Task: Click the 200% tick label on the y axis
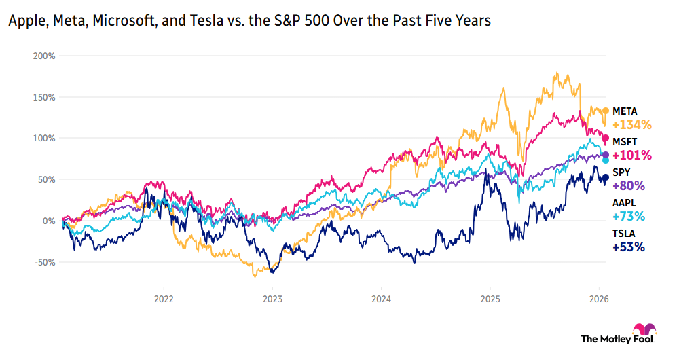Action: tap(44, 55)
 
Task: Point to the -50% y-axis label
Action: tap(44, 262)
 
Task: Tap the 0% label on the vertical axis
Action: tap(49, 221)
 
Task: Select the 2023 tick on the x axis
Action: tap(272, 297)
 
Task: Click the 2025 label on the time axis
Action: tap(490, 297)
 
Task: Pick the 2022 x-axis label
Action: tap(164, 297)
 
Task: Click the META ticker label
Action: tap(625, 111)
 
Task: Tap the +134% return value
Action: tap(631, 125)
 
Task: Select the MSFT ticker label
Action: tap(624, 141)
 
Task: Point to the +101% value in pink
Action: tap(631, 156)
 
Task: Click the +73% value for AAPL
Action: tap(629, 217)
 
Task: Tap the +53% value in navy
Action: tap(629, 247)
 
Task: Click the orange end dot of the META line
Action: tap(606, 111)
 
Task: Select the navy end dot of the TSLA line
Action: tap(606, 178)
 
